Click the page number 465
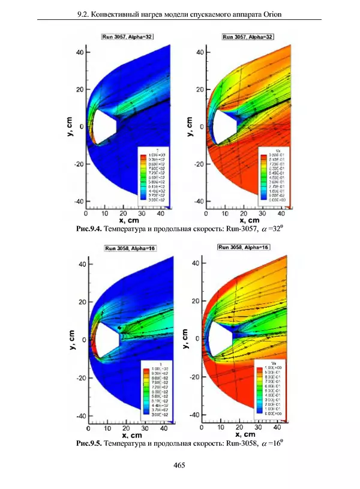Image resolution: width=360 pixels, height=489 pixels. click(x=179, y=465)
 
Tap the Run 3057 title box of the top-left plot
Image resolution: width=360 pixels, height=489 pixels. click(x=127, y=37)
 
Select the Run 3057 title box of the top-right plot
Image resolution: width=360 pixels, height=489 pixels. click(x=247, y=37)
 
